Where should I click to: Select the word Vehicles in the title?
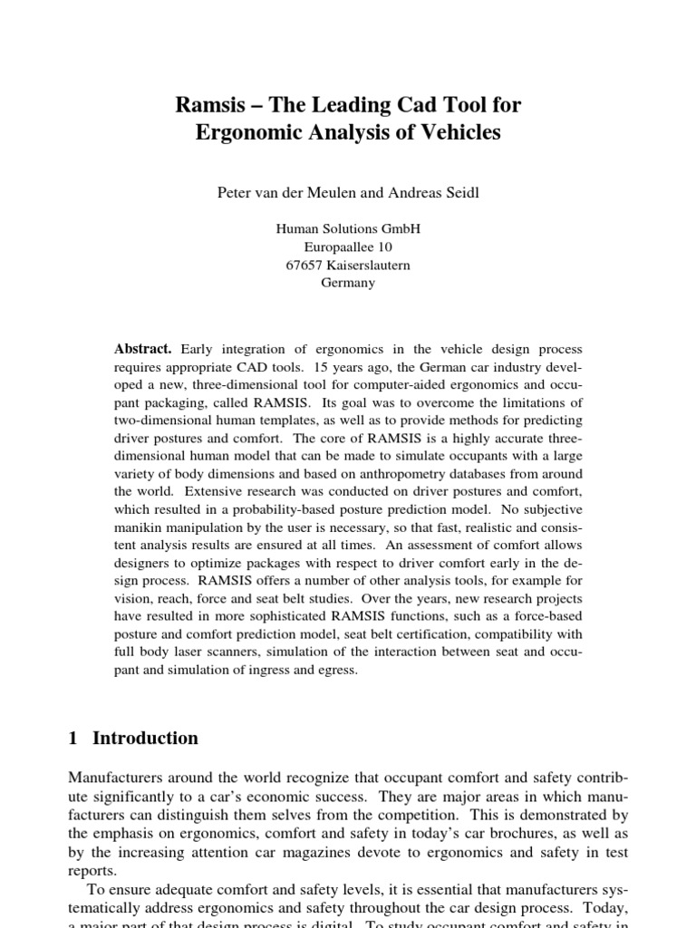click(457, 133)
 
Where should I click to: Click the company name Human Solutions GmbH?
click(348, 229)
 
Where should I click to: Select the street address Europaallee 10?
click(348, 246)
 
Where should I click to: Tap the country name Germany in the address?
click(348, 282)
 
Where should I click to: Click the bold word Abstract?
click(142, 349)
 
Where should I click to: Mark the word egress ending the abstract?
click(340, 671)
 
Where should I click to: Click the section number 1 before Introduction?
click(73, 739)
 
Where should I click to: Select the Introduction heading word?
click(145, 739)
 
